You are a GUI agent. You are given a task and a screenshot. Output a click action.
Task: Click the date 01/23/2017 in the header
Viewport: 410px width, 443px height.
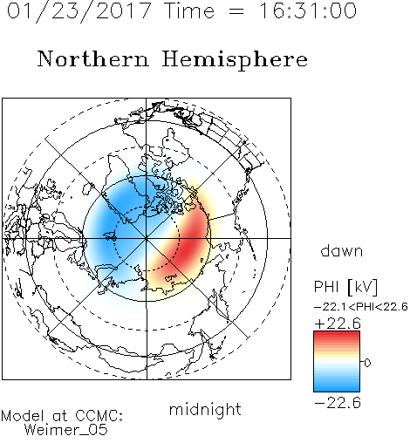click(x=79, y=11)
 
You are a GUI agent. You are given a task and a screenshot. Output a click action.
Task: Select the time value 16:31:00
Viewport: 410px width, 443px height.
click(x=308, y=10)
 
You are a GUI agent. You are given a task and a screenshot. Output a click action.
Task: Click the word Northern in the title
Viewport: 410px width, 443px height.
click(x=93, y=58)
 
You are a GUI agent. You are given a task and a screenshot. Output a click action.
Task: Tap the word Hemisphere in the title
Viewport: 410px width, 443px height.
click(x=235, y=60)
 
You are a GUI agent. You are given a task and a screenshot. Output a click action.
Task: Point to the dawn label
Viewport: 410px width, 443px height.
click(x=342, y=251)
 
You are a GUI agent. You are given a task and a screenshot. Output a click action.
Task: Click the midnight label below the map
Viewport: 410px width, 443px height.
click(x=205, y=409)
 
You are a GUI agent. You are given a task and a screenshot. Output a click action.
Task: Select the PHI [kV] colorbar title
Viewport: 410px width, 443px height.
click(x=345, y=287)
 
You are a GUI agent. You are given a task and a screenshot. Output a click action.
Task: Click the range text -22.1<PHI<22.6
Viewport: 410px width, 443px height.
click(x=361, y=307)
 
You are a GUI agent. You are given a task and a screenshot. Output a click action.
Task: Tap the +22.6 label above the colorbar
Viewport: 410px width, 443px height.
click(x=338, y=324)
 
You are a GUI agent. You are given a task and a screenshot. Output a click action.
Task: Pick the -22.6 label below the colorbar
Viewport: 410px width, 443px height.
click(x=338, y=403)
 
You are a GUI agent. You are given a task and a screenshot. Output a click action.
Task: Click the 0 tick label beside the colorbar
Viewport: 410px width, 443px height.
click(x=367, y=363)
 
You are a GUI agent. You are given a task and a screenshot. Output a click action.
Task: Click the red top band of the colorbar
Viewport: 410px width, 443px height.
click(x=337, y=336)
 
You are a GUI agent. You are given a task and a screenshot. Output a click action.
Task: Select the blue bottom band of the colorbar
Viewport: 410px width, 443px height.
click(x=337, y=387)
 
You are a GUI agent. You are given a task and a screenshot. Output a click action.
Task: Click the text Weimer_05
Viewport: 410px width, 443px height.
click(x=66, y=430)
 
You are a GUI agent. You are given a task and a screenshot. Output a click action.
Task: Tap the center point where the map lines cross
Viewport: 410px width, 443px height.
click(x=147, y=239)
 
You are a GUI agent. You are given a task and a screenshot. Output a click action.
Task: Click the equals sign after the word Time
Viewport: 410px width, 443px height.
click(x=236, y=11)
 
